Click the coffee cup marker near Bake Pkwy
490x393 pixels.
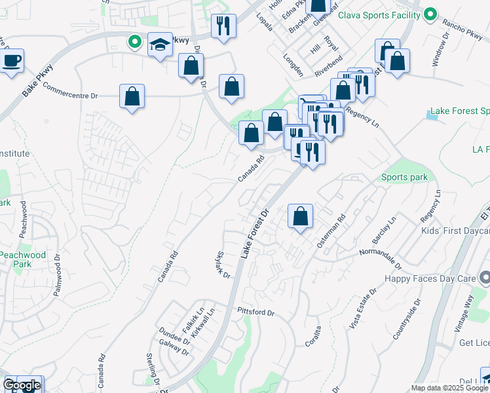(x=11, y=62)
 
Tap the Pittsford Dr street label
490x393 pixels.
(x=255, y=312)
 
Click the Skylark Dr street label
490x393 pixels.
(x=223, y=265)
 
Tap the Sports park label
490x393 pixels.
(x=405, y=178)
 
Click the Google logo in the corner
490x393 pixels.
(x=22, y=385)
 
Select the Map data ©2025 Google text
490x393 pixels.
(x=449, y=388)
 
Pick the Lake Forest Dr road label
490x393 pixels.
(x=256, y=233)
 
